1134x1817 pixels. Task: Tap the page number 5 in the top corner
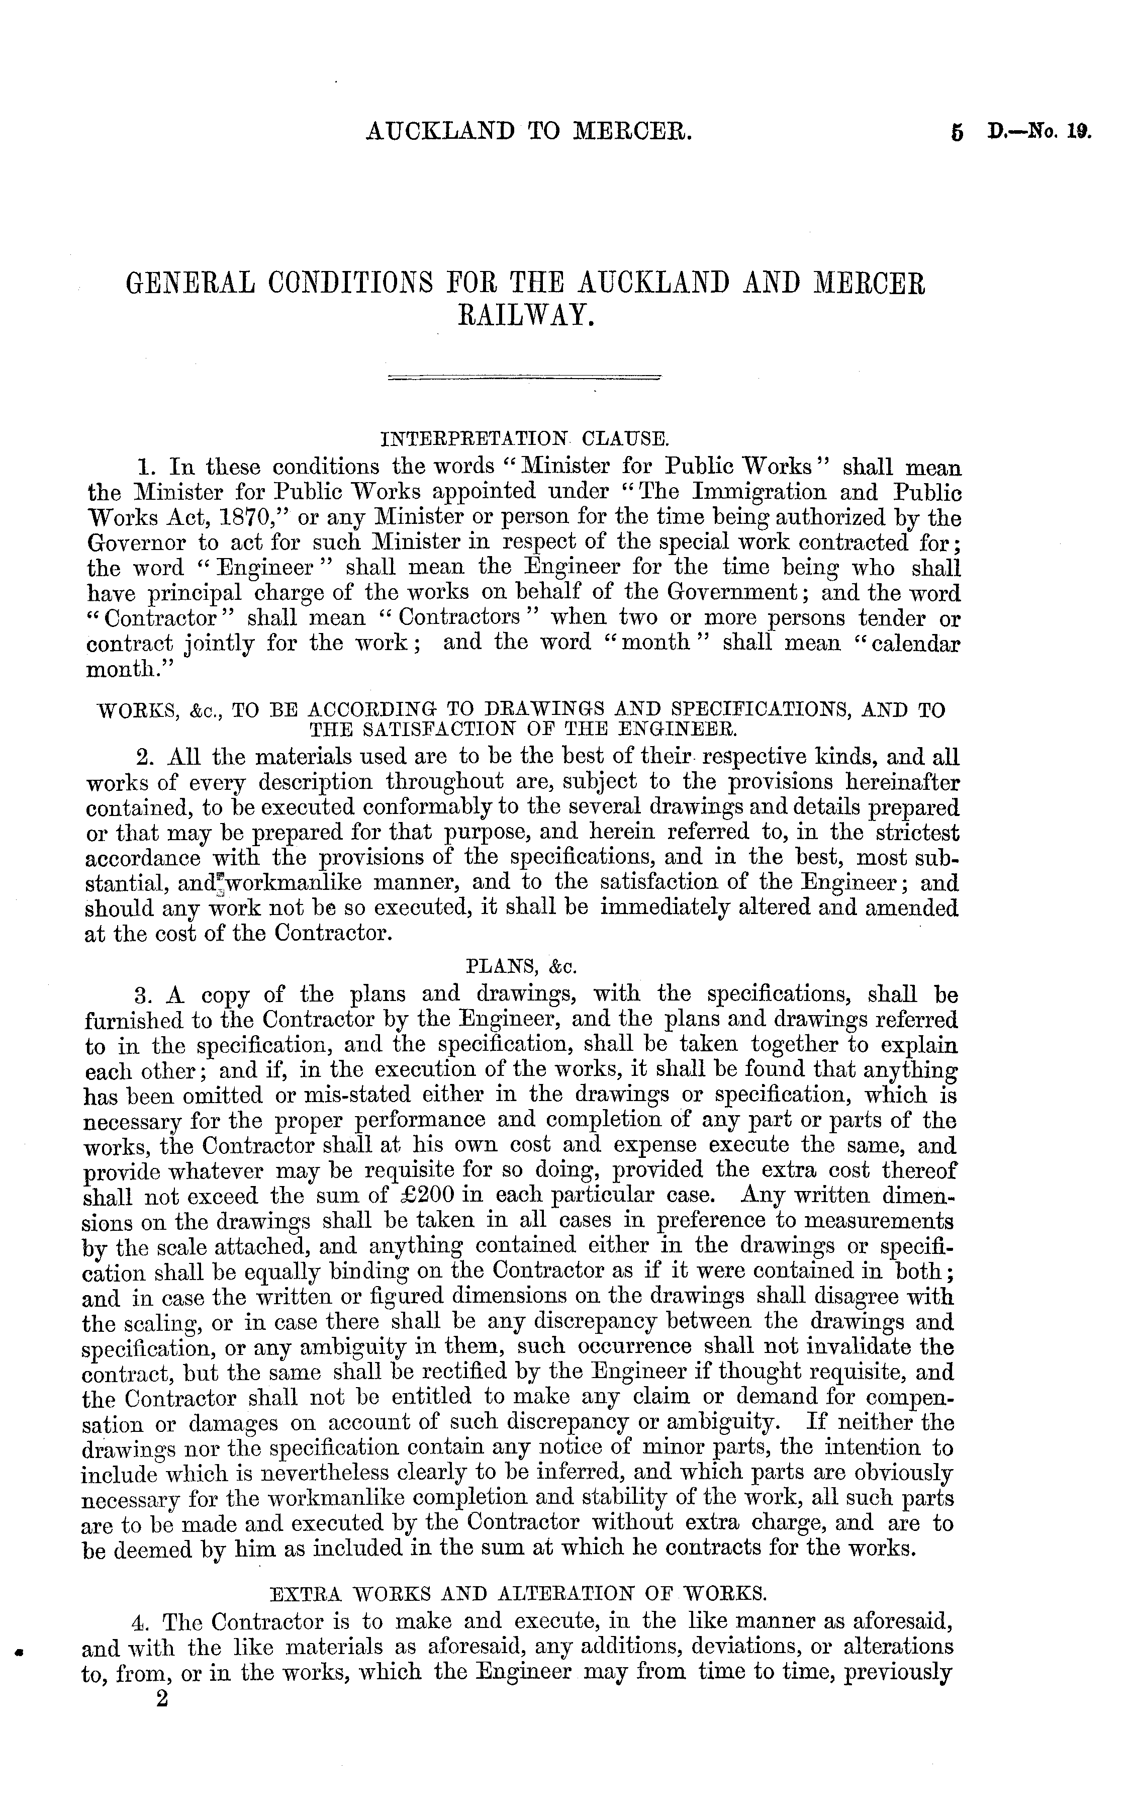[x=956, y=134]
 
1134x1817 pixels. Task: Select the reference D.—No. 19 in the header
[x=1039, y=134]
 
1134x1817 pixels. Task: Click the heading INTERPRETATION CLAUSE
[x=523, y=437]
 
